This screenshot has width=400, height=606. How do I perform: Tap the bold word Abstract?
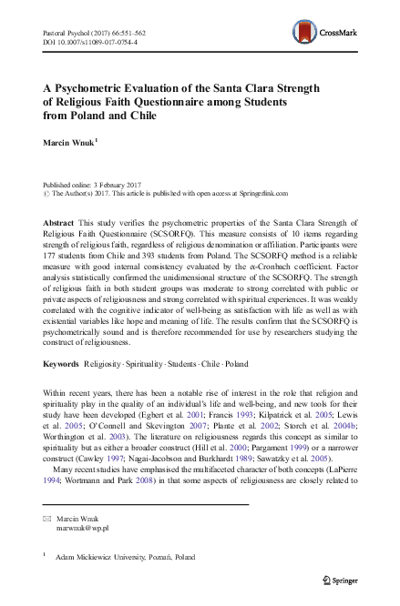[59, 223]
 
